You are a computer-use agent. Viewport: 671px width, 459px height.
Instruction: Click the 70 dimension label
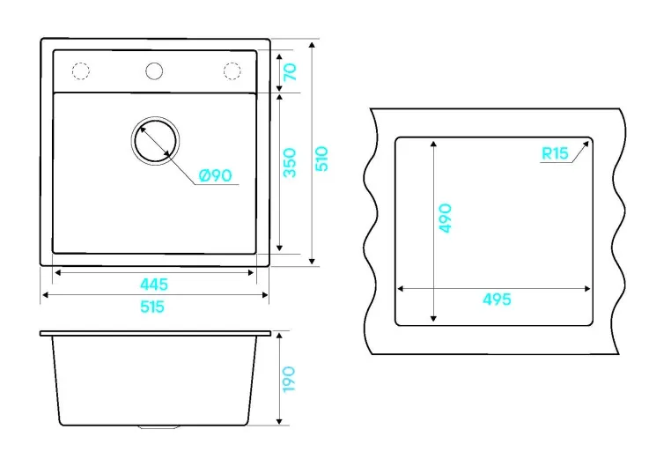(290, 71)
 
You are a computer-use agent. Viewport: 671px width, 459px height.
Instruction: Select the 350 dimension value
(290, 163)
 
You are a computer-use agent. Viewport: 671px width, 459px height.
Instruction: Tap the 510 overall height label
(321, 159)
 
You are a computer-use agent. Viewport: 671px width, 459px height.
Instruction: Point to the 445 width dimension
(154, 284)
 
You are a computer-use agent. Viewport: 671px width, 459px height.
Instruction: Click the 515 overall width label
(152, 307)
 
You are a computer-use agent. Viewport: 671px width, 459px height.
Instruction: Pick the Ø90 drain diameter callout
(216, 175)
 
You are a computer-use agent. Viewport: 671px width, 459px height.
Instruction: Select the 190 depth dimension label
(289, 379)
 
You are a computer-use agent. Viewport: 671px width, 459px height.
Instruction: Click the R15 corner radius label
(555, 153)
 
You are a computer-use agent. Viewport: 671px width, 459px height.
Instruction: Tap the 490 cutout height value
(445, 218)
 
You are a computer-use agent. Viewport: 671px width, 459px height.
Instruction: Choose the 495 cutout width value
(497, 299)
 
